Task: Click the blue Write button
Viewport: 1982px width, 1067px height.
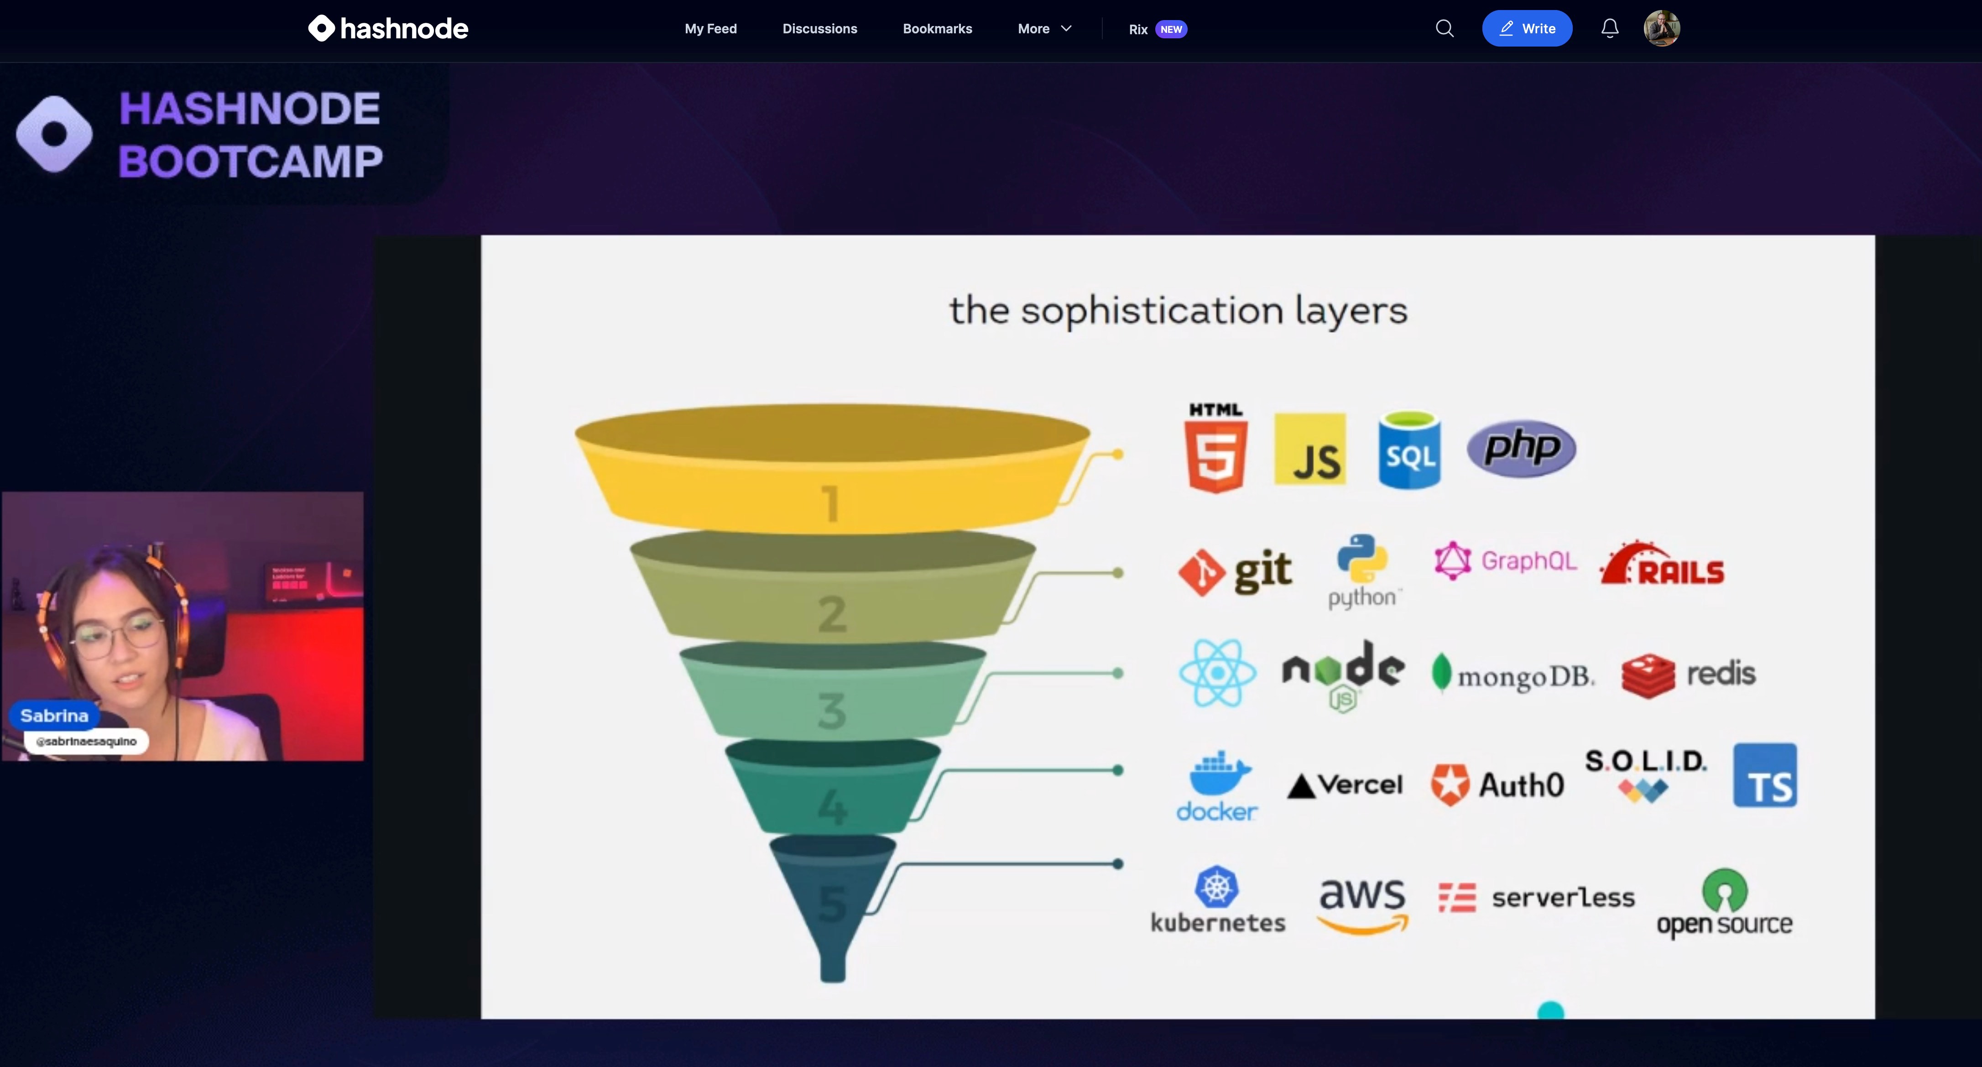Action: pyautogui.click(x=1527, y=28)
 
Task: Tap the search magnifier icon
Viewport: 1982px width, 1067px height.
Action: pyautogui.click(x=1444, y=28)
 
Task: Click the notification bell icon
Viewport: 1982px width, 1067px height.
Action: pyautogui.click(x=1610, y=28)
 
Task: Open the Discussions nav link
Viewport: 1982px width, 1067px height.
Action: pyautogui.click(x=819, y=28)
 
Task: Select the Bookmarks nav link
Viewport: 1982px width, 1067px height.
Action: pyautogui.click(x=937, y=28)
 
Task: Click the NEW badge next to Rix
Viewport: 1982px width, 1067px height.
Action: pyautogui.click(x=1171, y=29)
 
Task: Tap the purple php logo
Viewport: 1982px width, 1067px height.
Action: pyautogui.click(x=1521, y=448)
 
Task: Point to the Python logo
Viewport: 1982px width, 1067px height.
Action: pyautogui.click(x=1362, y=570)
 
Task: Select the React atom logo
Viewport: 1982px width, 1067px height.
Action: pyautogui.click(x=1217, y=673)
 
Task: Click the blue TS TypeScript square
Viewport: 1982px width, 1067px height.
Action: pyautogui.click(x=1764, y=775)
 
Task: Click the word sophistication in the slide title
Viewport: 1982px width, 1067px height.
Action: pyautogui.click(x=1152, y=311)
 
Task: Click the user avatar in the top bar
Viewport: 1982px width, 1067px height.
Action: pyautogui.click(x=1661, y=28)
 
